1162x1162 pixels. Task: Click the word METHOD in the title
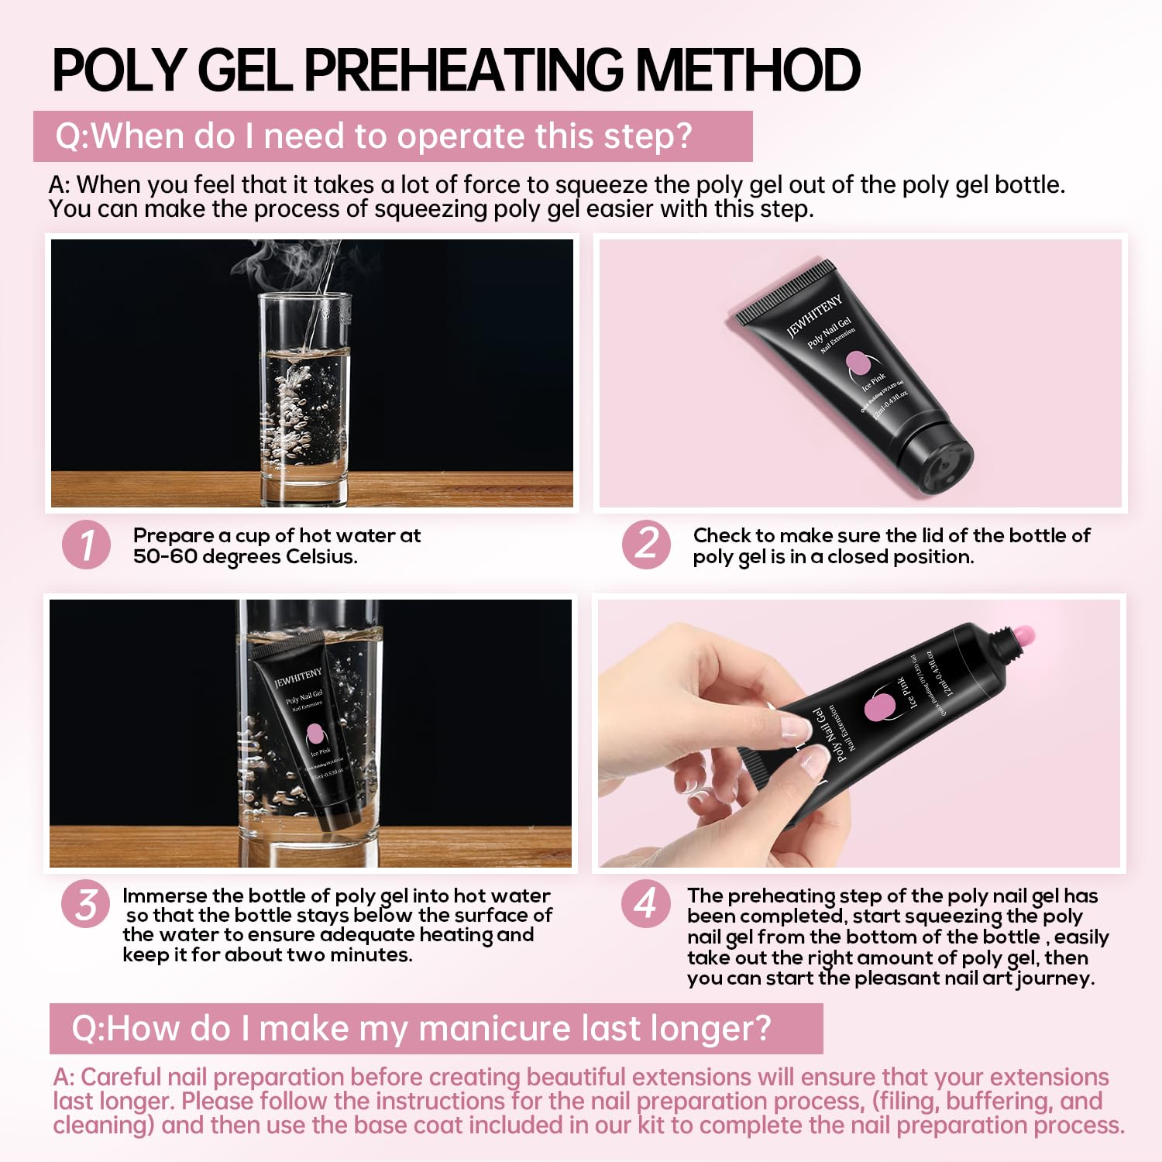click(x=747, y=70)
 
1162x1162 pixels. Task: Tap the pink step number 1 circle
click(x=86, y=545)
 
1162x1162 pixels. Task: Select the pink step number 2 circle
click(x=646, y=545)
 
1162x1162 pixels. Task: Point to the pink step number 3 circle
click(x=86, y=905)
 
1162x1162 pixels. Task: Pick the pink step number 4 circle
click(x=646, y=905)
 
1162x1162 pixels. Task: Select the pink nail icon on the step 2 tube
click(x=857, y=362)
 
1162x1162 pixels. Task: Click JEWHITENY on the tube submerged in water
click(x=298, y=676)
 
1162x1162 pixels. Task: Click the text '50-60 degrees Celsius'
click(x=245, y=557)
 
